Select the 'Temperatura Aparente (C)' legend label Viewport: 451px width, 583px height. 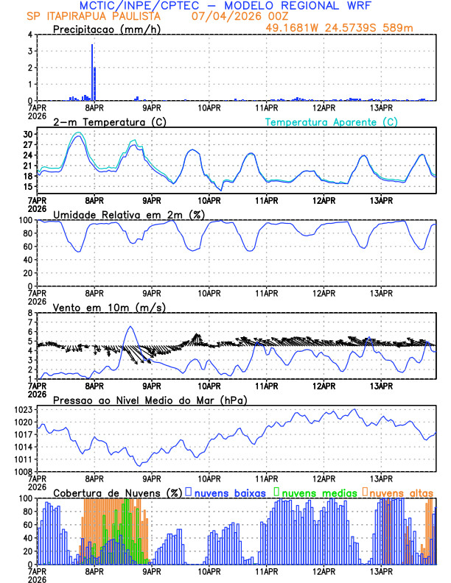click(x=332, y=121)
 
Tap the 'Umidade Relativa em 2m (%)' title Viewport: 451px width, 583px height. click(x=129, y=214)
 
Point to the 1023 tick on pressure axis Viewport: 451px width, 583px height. click(x=24, y=409)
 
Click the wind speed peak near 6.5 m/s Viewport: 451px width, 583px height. click(x=130, y=327)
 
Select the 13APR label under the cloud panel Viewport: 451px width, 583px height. click(x=380, y=570)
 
